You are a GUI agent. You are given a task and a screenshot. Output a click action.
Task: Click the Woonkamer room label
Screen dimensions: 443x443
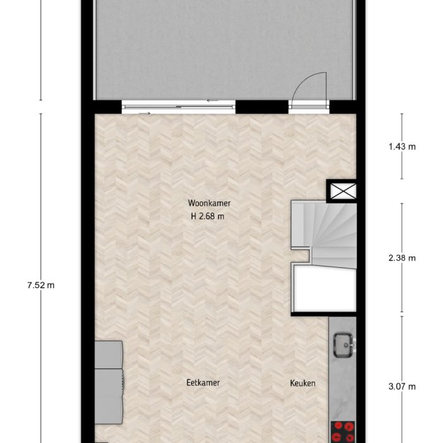tap(209, 203)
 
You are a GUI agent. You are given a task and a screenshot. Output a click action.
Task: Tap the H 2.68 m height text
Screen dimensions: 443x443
tap(208, 216)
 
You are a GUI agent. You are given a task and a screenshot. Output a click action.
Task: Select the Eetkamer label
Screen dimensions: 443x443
tap(203, 383)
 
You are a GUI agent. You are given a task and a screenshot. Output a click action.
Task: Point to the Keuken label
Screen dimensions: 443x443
tap(303, 383)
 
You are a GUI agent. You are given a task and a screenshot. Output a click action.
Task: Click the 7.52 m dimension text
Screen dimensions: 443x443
tap(41, 285)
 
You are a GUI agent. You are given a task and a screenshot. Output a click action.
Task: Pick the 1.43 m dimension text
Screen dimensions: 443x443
tap(402, 147)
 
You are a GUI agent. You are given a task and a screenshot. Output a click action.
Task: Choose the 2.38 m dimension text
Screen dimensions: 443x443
tap(402, 258)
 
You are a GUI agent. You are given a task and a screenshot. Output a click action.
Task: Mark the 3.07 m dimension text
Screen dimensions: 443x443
tap(402, 387)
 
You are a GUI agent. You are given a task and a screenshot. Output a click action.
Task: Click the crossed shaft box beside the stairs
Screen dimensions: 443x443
tap(342, 190)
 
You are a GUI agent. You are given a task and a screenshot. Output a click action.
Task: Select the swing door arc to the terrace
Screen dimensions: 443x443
tap(313, 87)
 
